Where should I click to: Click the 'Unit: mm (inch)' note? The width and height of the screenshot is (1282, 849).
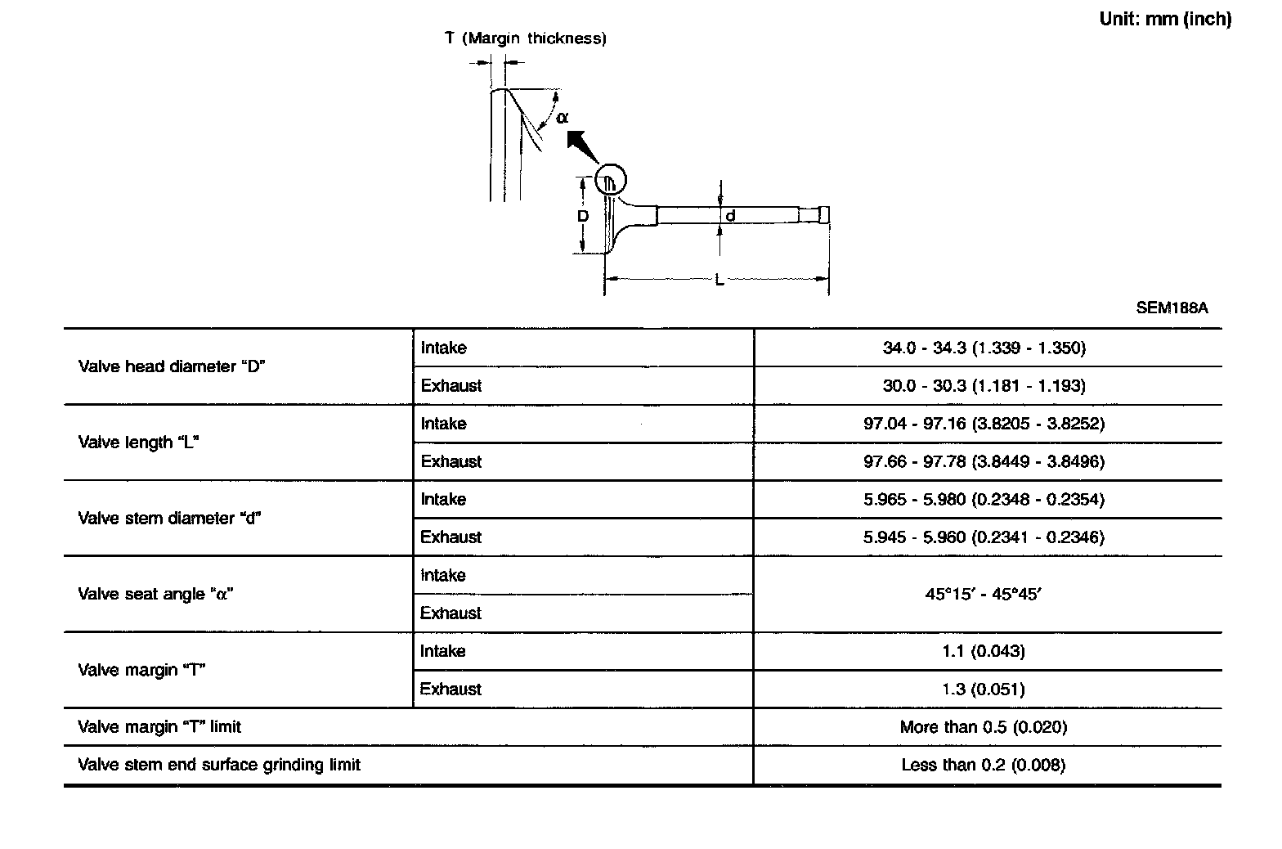(1164, 19)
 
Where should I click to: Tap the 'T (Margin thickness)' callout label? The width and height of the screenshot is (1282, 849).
(525, 38)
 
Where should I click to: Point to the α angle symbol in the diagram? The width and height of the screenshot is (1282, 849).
(562, 117)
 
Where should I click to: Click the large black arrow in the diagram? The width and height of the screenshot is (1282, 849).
(584, 146)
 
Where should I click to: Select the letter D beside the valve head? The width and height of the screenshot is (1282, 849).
(583, 217)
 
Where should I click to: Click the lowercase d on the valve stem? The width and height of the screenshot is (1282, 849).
(730, 216)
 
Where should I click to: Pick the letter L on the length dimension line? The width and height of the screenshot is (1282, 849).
(719, 281)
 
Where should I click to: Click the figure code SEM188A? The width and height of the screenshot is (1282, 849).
(1172, 308)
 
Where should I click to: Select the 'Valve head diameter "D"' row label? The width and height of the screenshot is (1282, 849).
(172, 366)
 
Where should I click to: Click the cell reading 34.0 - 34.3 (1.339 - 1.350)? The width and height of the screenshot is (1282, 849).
(984, 348)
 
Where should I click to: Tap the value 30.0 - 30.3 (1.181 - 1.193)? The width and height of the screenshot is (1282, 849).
(984, 385)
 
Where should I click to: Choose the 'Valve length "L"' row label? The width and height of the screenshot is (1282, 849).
(139, 442)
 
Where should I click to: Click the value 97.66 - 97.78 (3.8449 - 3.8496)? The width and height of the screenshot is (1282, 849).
(984, 461)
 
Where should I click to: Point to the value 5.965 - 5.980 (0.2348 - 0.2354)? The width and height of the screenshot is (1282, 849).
(984, 499)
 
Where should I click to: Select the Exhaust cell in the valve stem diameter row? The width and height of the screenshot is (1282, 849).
(450, 537)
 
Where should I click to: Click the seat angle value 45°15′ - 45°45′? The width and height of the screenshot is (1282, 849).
(984, 594)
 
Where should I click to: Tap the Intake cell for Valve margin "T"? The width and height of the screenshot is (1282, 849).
(443, 651)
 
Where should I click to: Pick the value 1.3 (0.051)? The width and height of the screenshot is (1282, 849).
(984, 689)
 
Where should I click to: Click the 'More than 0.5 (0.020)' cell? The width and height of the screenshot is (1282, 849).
(984, 727)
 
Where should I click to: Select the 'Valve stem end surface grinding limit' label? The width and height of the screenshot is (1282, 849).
(219, 765)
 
